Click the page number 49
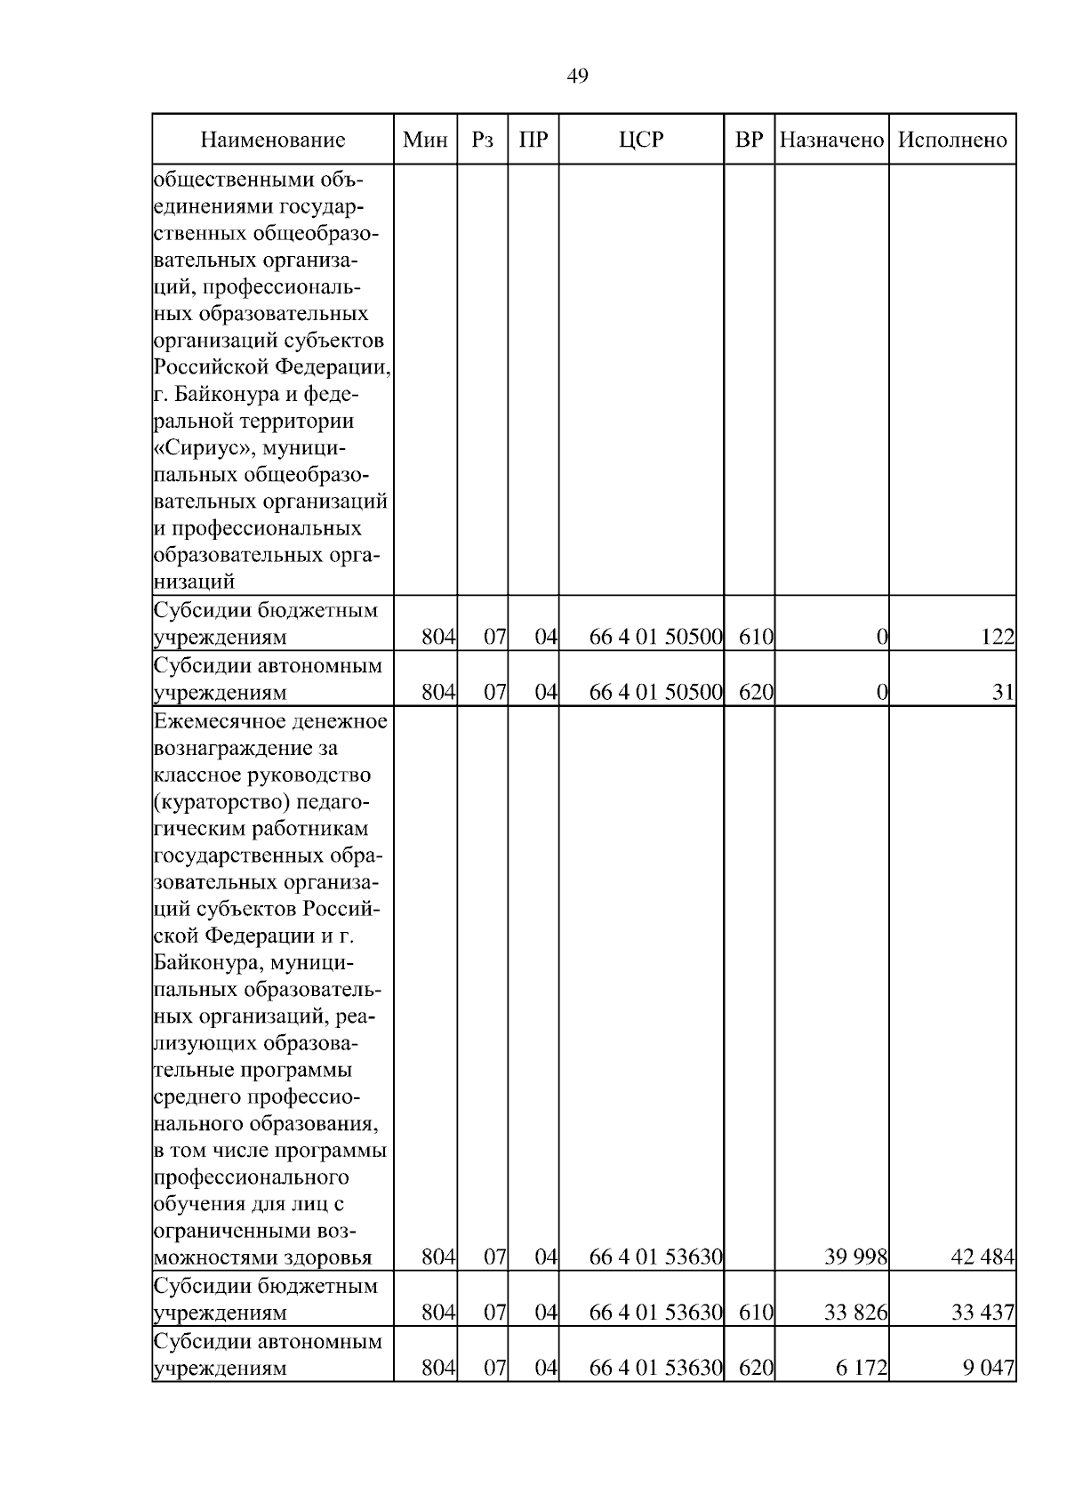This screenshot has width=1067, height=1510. [x=577, y=76]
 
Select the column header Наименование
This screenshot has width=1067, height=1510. [x=272, y=140]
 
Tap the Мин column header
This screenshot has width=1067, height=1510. [x=425, y=140]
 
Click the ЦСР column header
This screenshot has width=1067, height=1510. [x=641, y=140]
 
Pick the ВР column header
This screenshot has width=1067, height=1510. [x=750, y=140]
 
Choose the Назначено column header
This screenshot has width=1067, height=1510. [x=831, y=140]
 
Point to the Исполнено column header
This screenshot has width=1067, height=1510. [x=952, y=140]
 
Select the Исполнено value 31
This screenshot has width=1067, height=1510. [x=1004, y=692]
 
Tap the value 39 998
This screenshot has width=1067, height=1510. [x=856, y=1257]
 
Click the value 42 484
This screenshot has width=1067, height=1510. [x=983, y=1257]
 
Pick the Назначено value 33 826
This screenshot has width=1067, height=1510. [x=856, y=1313]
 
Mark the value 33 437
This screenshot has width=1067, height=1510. [x=983, y=1313]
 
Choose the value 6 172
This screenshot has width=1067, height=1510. [x=862, y=1368]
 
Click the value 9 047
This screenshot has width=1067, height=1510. [x=988, y=1368]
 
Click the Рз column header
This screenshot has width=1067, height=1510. [x=482, y=140]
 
